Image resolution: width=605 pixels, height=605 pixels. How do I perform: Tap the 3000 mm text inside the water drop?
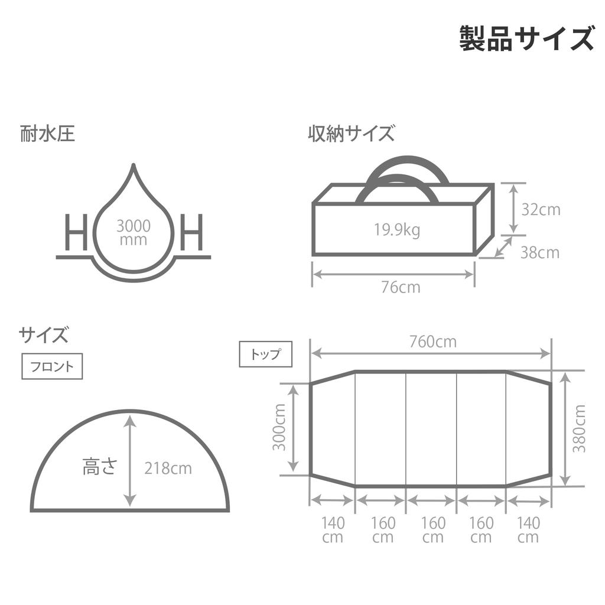pos(134,233)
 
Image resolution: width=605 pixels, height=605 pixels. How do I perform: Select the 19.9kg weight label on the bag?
pos(397,230)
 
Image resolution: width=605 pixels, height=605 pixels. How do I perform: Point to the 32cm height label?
pos(541,210)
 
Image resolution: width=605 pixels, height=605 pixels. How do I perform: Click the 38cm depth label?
pos(540,253)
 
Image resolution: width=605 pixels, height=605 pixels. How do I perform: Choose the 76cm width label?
pos(401,287)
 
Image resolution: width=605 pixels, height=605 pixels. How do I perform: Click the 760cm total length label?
pos(433,341)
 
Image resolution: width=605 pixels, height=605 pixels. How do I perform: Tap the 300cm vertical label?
pos(279,427)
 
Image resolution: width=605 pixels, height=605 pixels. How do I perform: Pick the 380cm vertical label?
pos(579,428)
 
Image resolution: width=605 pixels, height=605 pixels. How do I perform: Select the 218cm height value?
pos(168,469)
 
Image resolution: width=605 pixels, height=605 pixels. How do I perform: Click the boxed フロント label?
pos(52,366)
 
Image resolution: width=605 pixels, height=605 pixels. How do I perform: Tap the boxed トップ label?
pos(266,354)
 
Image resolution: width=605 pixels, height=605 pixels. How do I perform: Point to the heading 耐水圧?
pos(47,134)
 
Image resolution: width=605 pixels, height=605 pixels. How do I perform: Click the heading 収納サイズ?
pos(351,134)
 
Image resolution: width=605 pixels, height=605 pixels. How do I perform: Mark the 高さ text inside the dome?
pos(100,466)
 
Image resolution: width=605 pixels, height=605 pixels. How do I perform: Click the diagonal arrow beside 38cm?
pos(503,247)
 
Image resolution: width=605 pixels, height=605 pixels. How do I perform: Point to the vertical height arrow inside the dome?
pos(131,461)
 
